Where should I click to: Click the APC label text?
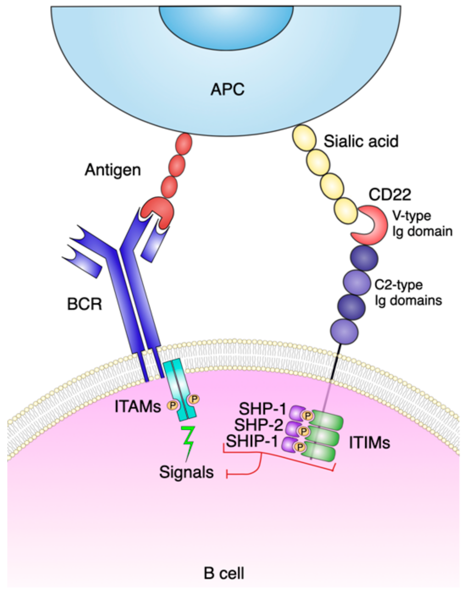coord(227,89)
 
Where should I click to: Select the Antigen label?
coord(113,170)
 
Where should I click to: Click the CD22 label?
coord(390,195)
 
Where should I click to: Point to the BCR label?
coord(85,304)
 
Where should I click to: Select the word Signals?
coord(187,472)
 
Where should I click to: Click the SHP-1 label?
coord(262,409)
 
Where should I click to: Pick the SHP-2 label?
coord(258,425)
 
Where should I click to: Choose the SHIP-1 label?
coord(252,441)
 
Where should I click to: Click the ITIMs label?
coord(369,443)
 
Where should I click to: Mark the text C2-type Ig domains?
coord(408,293)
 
